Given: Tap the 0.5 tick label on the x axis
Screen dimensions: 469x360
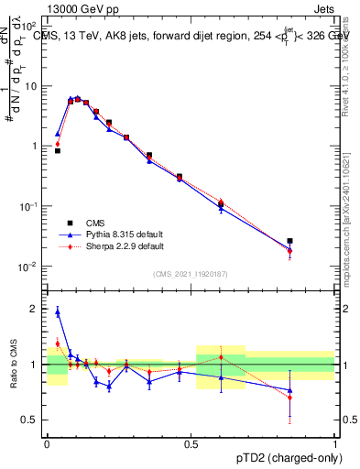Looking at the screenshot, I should tap(191, 442).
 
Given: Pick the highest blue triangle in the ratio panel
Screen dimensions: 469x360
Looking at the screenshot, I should tap(58, 312).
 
